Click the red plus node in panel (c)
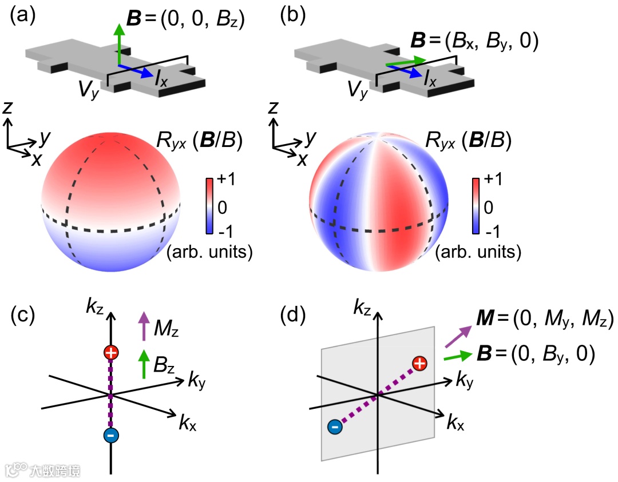111,353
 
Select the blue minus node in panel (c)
111,435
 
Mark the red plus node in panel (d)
420,363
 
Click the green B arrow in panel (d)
459,357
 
